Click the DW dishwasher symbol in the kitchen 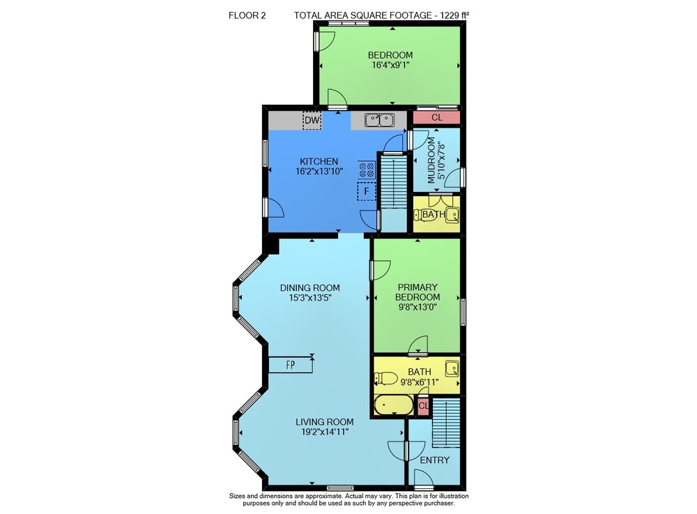312,120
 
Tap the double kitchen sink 380,119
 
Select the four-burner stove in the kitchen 367,170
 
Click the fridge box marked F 367,191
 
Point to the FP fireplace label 291,365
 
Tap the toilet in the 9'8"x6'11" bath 386,379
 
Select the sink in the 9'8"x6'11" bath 452,369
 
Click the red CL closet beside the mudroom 436,117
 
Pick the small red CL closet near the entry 423,406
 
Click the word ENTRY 435,460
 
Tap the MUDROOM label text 431,160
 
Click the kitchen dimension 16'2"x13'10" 319,171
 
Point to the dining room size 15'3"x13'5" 310,298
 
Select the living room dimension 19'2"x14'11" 325,432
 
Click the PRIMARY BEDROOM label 418,292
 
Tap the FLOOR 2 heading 247,15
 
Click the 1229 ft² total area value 454,15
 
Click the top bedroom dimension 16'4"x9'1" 390,65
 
